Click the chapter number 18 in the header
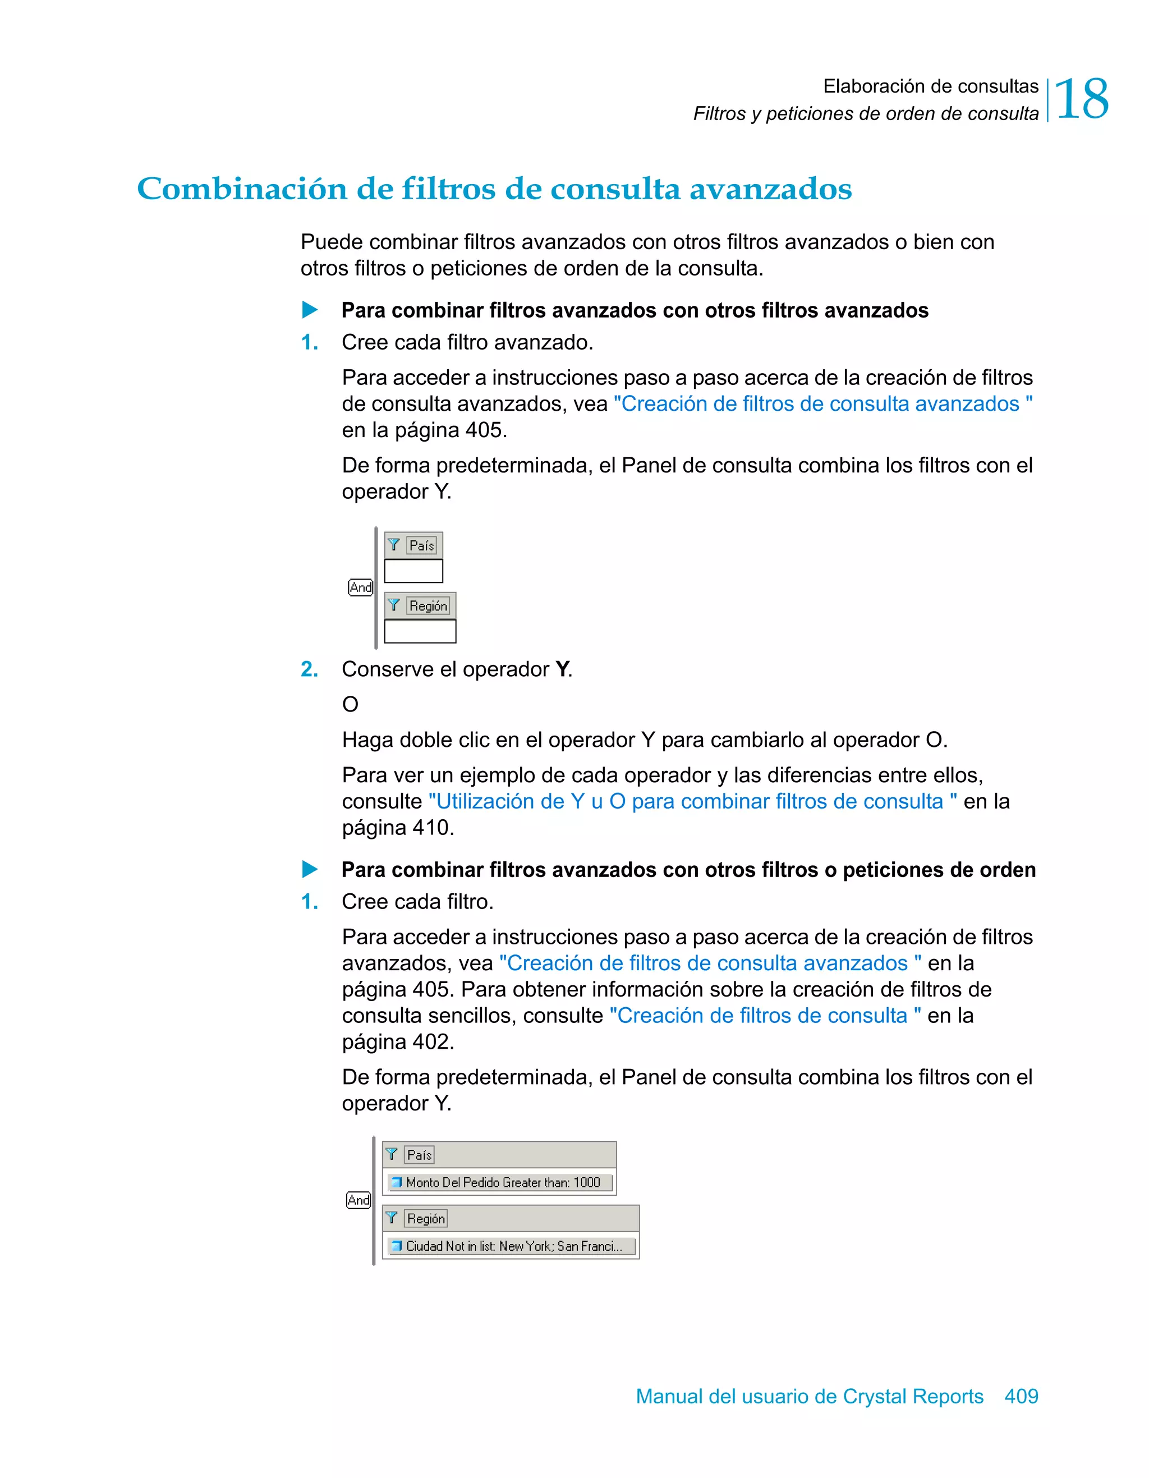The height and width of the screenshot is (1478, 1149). [x=1081, y=99]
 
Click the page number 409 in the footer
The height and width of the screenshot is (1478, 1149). [x=1021, y=1396]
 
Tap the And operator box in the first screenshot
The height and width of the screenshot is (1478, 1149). [x=361, y=587]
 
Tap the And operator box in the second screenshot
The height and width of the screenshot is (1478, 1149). [x=359, y=1200]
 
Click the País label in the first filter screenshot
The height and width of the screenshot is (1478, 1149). [x=421, y=545]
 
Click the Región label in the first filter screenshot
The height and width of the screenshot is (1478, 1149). [x=428, y=605]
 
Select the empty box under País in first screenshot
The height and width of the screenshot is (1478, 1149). [x=413, y=571]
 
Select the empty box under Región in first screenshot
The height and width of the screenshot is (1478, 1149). [x=420, y=631]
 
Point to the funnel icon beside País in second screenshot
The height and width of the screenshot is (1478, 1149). [x=392, y=1154]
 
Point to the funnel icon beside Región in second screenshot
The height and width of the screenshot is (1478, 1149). [x=392, y=1218]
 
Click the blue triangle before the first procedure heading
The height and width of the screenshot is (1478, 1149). [x=310, y=310]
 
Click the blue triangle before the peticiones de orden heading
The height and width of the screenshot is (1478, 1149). [x=310, y=869]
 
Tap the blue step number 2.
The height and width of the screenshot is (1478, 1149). [x=309, y=669]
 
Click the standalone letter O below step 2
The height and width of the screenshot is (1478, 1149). [x=350, y=704]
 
